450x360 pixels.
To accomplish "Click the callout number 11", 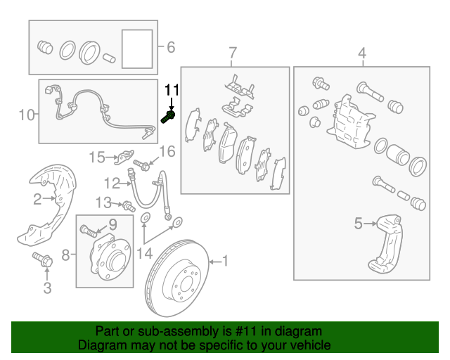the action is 172,90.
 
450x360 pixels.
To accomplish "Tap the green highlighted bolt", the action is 168,117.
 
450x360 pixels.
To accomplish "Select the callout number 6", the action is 171,47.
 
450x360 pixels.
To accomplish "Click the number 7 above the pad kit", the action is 233,53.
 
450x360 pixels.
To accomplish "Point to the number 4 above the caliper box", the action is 362,53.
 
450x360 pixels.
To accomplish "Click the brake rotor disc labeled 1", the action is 177,278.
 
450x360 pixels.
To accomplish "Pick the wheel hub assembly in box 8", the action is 110,257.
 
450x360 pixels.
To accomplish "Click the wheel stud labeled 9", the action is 88,231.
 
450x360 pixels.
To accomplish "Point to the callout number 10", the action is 27,115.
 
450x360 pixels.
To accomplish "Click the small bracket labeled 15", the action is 124,157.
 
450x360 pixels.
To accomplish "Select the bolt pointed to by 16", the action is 141,165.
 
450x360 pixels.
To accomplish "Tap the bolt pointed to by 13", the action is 129,206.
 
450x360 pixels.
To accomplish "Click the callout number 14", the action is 144,254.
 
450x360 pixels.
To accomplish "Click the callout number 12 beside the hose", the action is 112,183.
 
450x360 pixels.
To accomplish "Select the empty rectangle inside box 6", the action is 137,49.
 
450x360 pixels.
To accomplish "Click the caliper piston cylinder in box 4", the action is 397,155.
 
